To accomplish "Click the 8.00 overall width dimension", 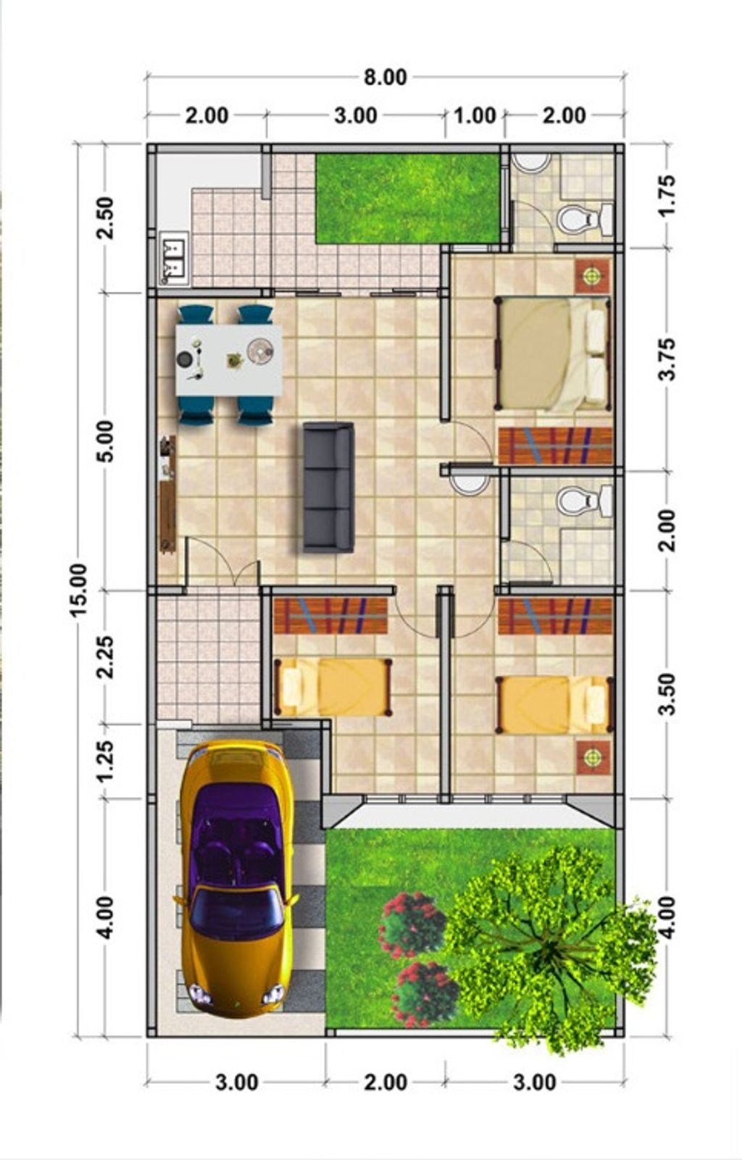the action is [385, 77].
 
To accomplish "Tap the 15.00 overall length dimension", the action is [78, 589].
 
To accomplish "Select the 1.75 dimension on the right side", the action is [667, 196].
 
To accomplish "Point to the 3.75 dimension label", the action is [667, 359].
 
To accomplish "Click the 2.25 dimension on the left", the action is [104, 656].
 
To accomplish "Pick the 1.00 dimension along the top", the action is [475, 115].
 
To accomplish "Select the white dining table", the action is [229, 360].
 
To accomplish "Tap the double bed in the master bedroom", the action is [552, 354].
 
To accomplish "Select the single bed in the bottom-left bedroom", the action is [333, 687].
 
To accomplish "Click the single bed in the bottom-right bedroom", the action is [554, 704].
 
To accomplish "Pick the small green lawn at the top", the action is [407, 199].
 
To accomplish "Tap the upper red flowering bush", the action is [413, 925].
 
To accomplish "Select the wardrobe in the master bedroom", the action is [556, 446].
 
